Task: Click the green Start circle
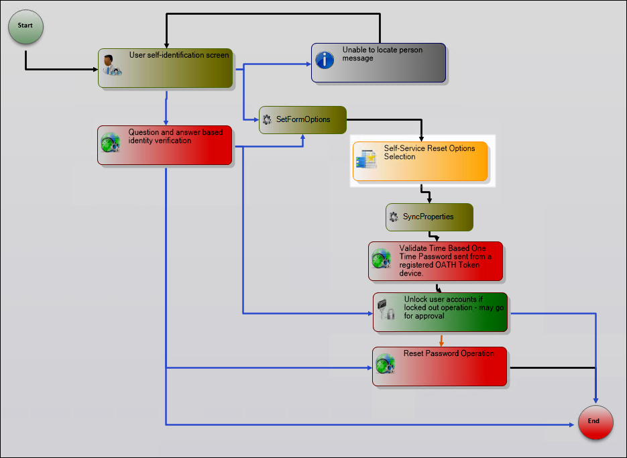pyautogui.click(x=25, y=26)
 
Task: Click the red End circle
pyautogui.click(x=595, y=422)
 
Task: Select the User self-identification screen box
pyautogui.click(x=165, y=68)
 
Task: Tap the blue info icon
pyautogui.click(x=325, y=60)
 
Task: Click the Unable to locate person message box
pyautogui.click(x=378, y=63)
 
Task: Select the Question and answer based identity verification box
pyautogui.click(x=165, y=145)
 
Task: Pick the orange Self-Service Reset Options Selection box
pyautogui.click(x=420, y=161)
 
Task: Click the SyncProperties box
pyautogui.click(x=429, y=217)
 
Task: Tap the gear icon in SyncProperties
pyautogui.click(x=394, y=217)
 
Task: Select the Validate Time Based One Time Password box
pyautogui.click(x=435, y=261)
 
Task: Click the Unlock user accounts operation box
pyautogui.click(x=440, y=312)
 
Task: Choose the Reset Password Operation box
pyautogui.click(x=439, y=366)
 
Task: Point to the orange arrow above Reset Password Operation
pyautogui.click(x=441, y=340)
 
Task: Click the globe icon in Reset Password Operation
pyautogui.click(x=385, y=363)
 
